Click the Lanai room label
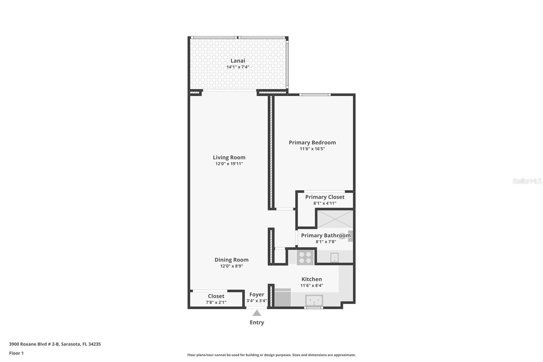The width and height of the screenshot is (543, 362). click(x=238, y=61)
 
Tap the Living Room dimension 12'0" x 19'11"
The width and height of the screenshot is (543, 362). click(x=229, y=164)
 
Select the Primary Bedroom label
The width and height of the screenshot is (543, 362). click(x=312, y=143)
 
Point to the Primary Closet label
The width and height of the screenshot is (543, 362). click(x=325, y=197)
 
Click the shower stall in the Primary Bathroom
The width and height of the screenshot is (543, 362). click(x=335, y=219)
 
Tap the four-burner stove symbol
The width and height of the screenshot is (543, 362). click(x=305, y=257)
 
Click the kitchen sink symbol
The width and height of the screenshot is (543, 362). click(x=314, y=300)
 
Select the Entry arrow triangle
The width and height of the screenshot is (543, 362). click(x=257, y=313)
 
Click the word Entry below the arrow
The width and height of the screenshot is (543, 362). click(x=257, y=323)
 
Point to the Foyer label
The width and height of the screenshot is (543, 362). click(x=257, y=295)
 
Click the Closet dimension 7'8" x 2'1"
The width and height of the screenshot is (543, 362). click(x=216, y=302)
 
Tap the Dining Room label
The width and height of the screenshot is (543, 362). click(x=231, y=260)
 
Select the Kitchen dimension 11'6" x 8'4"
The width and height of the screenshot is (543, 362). click(x=312, y=286)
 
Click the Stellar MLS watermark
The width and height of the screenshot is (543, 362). click(x=527, y=181)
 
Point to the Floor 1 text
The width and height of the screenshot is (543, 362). click(x=16, y=353)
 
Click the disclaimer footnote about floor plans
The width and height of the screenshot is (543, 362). click(x=271, y=355)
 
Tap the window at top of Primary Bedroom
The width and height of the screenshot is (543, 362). click(x=315, y=95)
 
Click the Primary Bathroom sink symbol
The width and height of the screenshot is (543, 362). click(x=334, y=257)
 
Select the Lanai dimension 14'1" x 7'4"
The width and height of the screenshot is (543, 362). click(x=238, y=67)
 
